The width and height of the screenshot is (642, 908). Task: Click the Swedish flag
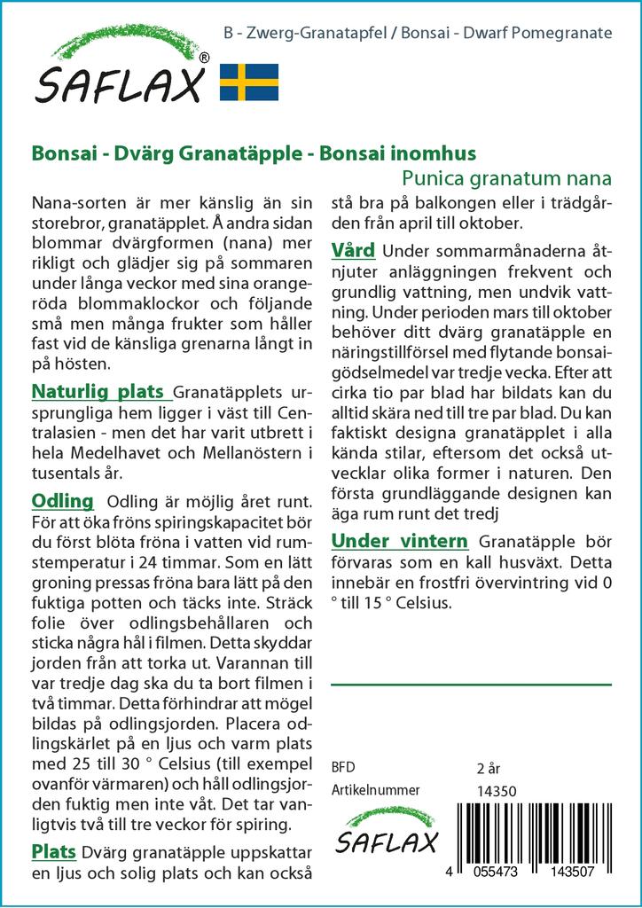pos(249,82)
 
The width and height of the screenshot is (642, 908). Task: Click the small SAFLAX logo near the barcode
pos(386,831)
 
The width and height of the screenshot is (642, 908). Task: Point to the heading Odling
pos(62,500)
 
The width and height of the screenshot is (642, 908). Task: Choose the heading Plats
pos(53,852)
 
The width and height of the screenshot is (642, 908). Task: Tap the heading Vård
pos(353,250)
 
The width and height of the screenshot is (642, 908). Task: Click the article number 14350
pos(496,791)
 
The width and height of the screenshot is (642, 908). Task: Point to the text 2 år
pos(489,768)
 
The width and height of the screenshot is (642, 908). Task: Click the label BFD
pos(342,768)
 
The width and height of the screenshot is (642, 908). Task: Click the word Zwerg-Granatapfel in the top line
pos(295,34)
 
